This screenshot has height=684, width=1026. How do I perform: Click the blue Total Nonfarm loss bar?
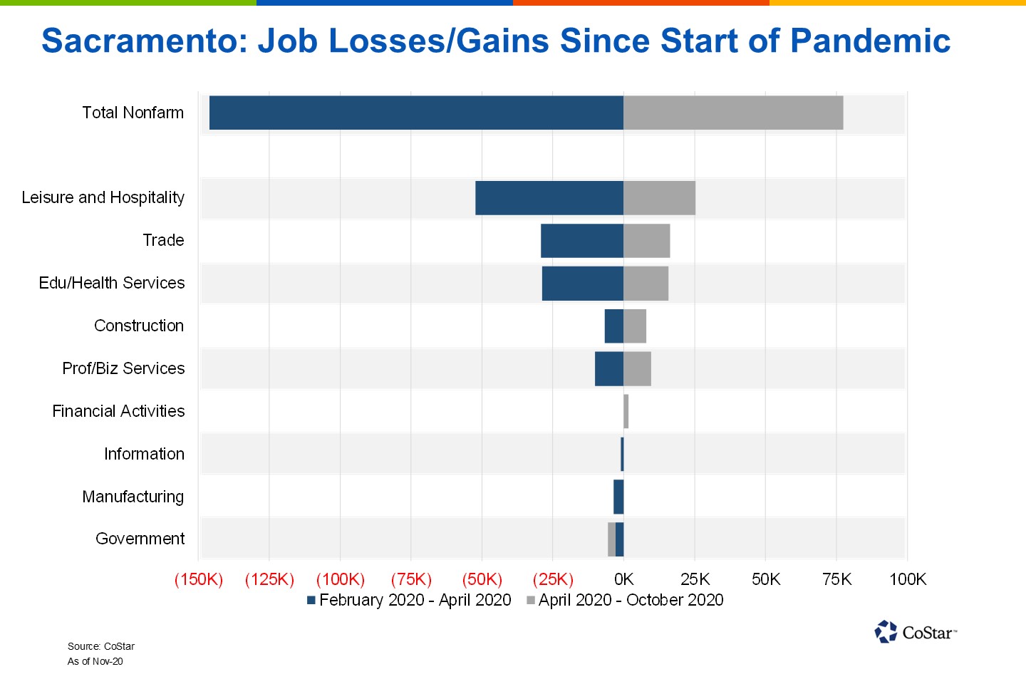point(416,113)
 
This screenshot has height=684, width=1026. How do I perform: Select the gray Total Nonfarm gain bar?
point(733,113)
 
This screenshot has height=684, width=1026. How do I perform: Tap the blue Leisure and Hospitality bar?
point(549,198)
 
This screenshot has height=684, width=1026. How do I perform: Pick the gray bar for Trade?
point(647,241)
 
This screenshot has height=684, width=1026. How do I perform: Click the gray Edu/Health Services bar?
point(646,284)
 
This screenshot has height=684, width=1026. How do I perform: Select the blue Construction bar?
point(614,326)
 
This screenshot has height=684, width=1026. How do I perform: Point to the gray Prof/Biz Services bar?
point(637,369)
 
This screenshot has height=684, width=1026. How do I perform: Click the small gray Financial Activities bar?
point(626,412)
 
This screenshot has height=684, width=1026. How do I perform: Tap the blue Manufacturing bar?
point(618,497)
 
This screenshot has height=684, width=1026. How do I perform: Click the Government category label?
point(140,539)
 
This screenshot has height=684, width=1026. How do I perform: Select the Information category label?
point(144,454)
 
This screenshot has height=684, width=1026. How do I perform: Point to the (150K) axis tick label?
point(199,579)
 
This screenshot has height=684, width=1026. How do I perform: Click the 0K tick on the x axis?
point(623,579)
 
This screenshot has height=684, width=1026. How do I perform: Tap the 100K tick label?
point(907,579)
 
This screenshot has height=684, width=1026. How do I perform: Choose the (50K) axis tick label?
point(482,579)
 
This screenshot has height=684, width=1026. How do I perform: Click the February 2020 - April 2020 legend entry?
point(409,600)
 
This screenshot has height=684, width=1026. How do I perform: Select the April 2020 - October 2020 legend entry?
point(625,600)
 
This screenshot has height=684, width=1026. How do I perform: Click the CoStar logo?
point(916,632)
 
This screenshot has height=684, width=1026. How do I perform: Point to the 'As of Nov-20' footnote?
point(95,661)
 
